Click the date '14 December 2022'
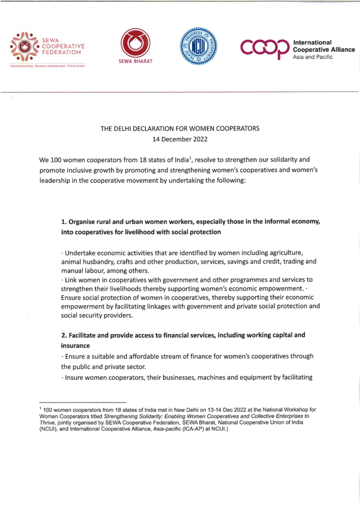(180, 139)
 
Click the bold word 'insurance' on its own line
(75, 346)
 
